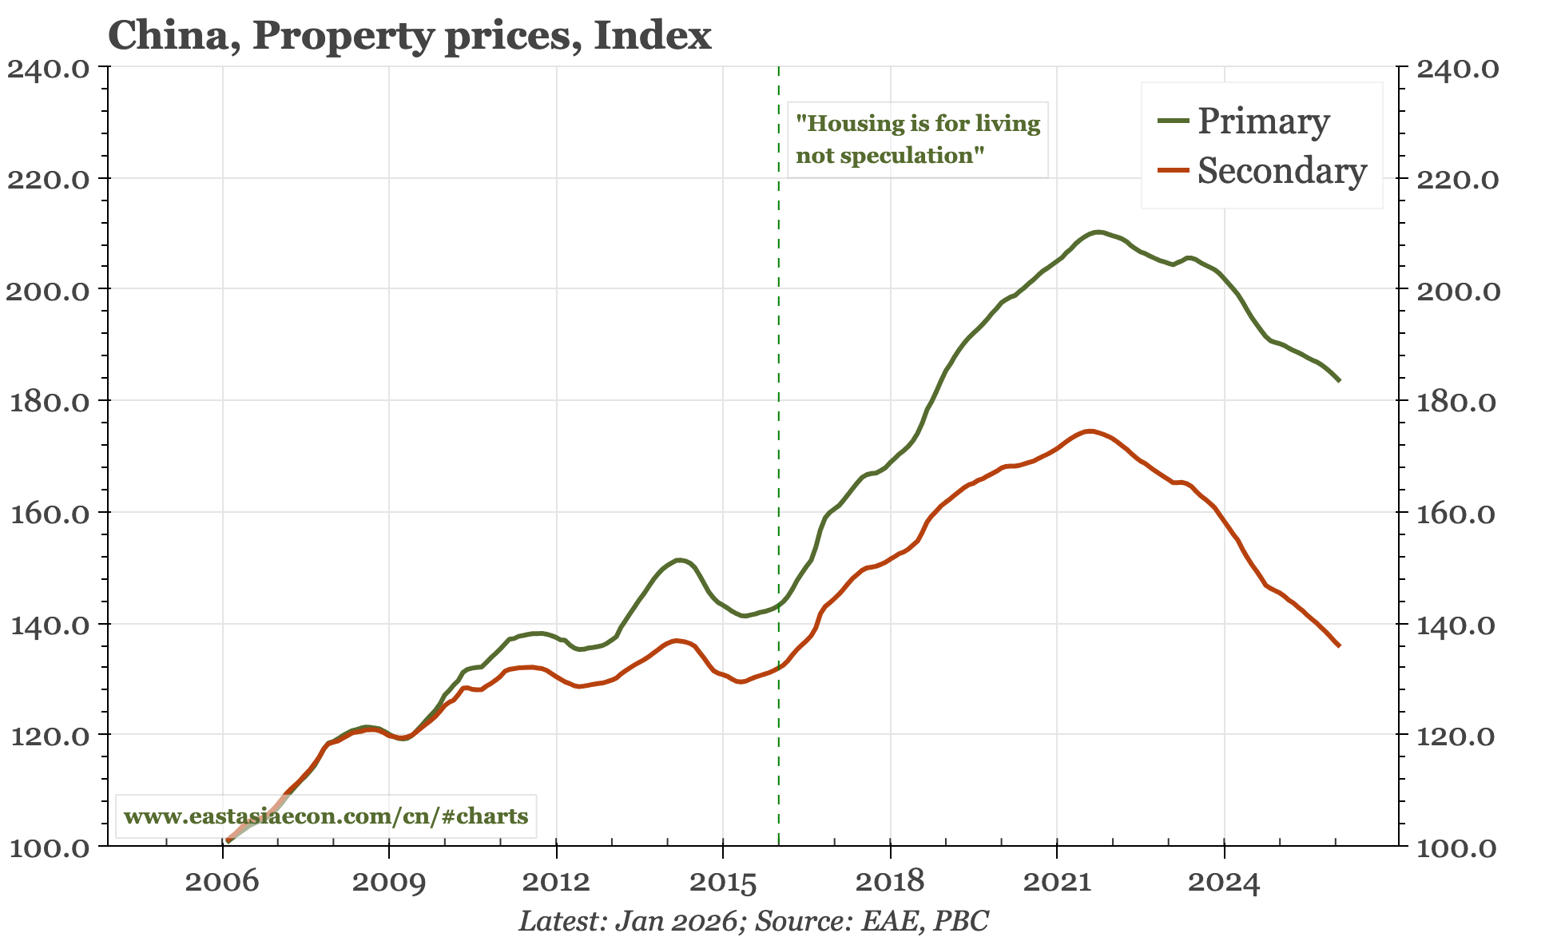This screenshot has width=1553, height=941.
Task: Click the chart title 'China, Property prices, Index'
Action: [x=409, y=36]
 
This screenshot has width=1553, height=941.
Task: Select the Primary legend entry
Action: [x=1263, y=121]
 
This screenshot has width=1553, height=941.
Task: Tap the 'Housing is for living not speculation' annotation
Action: [x=918, y=139]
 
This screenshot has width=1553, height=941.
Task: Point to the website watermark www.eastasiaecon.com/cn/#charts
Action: [x=326, y=816]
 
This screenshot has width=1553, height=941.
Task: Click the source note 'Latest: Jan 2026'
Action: [x=627, y=921]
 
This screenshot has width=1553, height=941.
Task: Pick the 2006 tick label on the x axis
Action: [x=222, y=882]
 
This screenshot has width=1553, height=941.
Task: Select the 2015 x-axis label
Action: [x=722, y=882]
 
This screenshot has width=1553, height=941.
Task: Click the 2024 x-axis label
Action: [x=1224, y=882]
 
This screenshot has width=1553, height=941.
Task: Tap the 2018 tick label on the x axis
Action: [x=889, y=882]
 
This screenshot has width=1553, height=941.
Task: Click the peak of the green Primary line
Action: [x=1098, y=232]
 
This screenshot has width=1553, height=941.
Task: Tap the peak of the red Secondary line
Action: [x=1089, y=431]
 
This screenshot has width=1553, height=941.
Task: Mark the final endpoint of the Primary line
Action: [x=1339, y=380]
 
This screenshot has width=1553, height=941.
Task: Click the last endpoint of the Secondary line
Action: [x=1339, y=645]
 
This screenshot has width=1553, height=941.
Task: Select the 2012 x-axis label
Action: [x=555, y=882]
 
